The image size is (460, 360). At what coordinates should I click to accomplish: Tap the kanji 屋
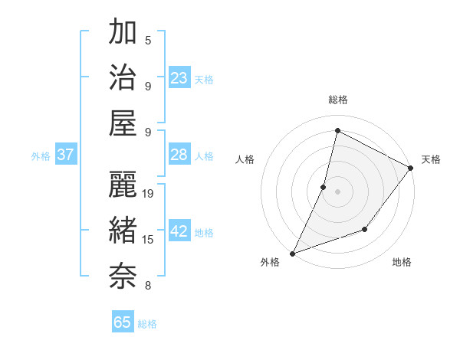[x=123, y=123]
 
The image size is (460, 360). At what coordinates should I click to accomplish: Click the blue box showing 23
[x=179, y=78]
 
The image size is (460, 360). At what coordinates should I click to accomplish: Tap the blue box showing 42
[x=179, y=232]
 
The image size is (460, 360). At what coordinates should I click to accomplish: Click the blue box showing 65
[x=123, y=322]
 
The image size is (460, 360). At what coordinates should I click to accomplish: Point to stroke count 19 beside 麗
[x=148, y=194]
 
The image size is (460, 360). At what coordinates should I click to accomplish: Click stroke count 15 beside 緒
[x=148, y=241]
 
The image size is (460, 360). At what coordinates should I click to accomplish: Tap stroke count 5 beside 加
[x=148, y=41]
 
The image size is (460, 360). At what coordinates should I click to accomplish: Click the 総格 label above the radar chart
[x=338, y=100]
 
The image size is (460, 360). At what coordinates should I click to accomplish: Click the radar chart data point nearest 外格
[x=292, y=253]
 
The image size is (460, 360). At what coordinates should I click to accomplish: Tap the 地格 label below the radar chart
[x=402, y=262]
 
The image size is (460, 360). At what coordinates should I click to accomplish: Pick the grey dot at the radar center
[x=337, y=191]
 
